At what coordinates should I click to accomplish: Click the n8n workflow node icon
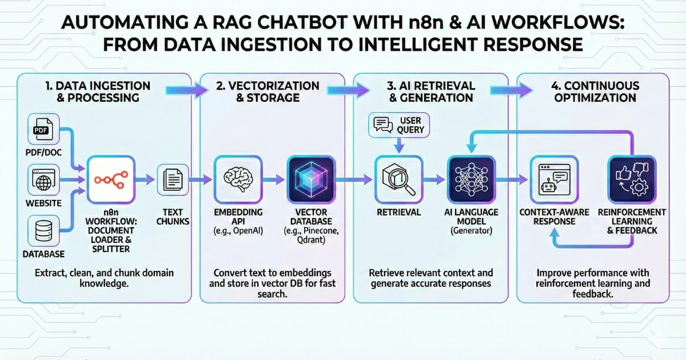coord(109,179)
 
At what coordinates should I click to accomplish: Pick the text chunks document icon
coord(173,179)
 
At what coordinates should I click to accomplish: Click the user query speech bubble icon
coord(382,125)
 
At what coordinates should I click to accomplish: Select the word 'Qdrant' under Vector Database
coord(311,241)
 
